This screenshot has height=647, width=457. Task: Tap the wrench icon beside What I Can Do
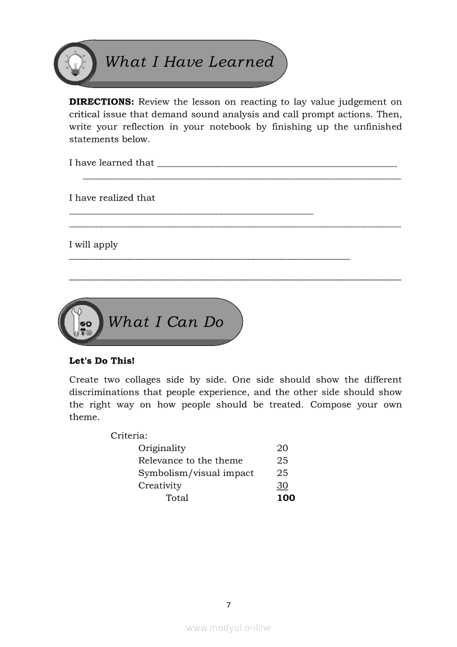coord(77,322)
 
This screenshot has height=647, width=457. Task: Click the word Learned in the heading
coord(241,61)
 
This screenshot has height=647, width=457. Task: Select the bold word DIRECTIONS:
coord(102,102)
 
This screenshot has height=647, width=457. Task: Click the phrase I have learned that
coord(111,163)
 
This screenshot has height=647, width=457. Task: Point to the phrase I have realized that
coord(112,198)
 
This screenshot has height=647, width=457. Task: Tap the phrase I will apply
coord(94,245)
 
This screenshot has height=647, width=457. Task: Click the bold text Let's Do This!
coord(102,361)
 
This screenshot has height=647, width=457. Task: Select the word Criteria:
coord(129,436)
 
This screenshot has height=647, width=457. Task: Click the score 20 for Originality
coord(282,448)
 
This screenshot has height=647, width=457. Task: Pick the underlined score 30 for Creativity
coord(282,485)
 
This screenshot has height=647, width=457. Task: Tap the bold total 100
coord(286,498)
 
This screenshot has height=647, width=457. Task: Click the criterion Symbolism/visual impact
coord(196,473)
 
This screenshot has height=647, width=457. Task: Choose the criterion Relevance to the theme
coord(190,460)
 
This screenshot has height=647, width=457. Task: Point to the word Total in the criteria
coord(177,498)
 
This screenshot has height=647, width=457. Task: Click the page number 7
coord(228,605)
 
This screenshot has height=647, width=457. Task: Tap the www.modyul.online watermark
coord(228,628)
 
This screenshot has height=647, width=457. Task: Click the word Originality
coord(162,448)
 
